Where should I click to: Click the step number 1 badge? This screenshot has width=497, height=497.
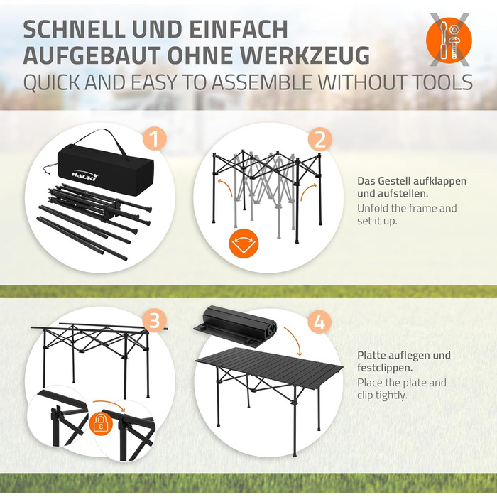click(x=154, y=138)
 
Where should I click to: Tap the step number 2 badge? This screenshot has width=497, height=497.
click(x=319, y=139)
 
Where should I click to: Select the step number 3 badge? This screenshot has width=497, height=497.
click(x=154, y=320)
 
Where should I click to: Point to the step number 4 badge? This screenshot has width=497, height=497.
click(x=319, y=322)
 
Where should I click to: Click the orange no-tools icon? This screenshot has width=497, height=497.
click(x=449, y=40)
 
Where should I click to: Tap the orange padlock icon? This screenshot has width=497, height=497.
click(x=101, y=422)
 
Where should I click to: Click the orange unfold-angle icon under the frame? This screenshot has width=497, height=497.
click(x=244, y=244)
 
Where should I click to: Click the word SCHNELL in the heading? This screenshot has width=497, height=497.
click(x=75, y=29)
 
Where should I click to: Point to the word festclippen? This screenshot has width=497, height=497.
click(x=385, y=368)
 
